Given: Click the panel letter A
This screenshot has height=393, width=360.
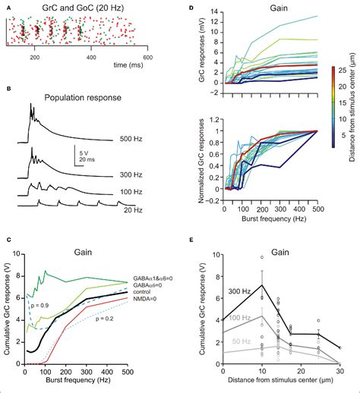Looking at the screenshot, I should pyautogui.click(x=8, y=5).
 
